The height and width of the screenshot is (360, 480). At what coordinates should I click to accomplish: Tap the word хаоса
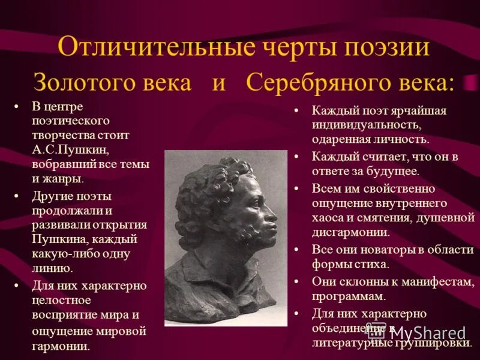pyautogui.click(x=328, y=218)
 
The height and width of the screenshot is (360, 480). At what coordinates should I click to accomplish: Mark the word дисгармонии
pyautogui.click(x=350, y=233)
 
